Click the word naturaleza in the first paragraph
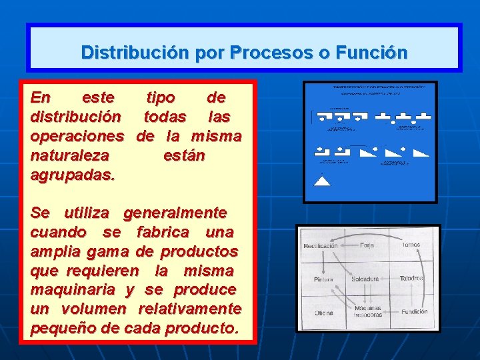coord(71,156)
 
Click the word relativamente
coord(189,309)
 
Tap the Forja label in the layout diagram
coord(367,245)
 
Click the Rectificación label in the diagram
coord(321,246)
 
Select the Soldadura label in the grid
coord(365,279)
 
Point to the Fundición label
coord(414,311)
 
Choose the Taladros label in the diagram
coord(411,278)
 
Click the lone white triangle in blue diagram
coord(322,180)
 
